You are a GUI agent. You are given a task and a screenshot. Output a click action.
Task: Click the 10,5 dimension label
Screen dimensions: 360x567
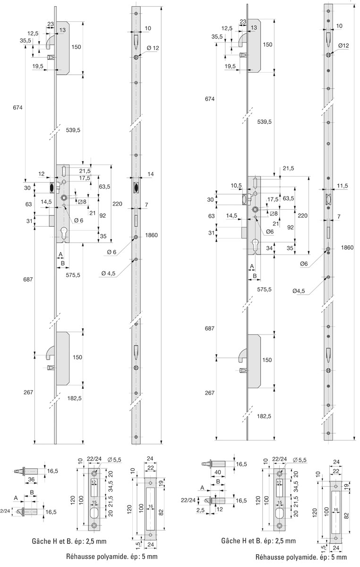tap(236, 186)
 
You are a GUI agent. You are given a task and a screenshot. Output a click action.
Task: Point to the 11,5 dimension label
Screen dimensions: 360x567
tap(342, 186)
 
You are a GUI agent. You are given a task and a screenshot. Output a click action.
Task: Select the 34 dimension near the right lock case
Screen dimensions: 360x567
tap(269, 248)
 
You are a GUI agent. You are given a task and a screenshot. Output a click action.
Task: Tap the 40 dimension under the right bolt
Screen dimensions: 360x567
tap(218, 472)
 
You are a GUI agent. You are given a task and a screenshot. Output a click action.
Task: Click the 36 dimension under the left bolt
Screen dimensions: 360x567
tap(31, 479)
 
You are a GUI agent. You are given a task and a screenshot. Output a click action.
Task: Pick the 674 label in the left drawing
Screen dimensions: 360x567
tap(18, 108)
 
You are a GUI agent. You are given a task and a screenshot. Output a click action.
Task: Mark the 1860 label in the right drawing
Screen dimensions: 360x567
tap(347, 248)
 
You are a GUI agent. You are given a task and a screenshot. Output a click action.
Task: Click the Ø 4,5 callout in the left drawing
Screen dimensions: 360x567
tap(108, 274)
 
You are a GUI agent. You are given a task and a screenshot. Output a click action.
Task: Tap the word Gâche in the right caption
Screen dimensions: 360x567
tap(229, 541)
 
